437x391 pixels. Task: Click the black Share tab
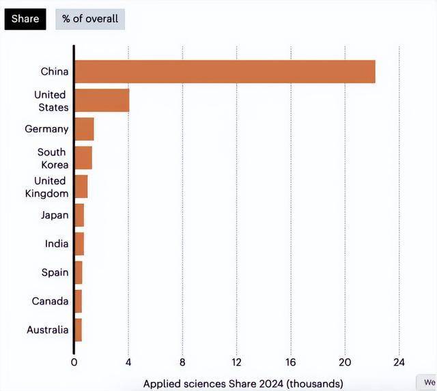pyautogui.click(x=25, y=19)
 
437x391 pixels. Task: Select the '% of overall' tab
pyautogui.click(x=90, y=19)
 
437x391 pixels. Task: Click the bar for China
pyautogui.click(x=225, y=72)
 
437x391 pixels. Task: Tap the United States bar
pyautogui.click(x=102, y=100)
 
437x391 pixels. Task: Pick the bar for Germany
pyautogui.click(x=84, y=129)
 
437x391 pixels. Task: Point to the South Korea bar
pyautogui.click(x=83, y=158)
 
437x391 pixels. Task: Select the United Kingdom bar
pyautogui.click(x=81, y=186)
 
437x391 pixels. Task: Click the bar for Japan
pyautogui.click(x=79, y=215)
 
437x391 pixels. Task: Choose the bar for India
pyautogui.click(x=79, y=244)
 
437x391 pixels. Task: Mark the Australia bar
pyautogui.click(x=79, y=330)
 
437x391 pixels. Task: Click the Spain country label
pyautogui.click(x=55, y=272)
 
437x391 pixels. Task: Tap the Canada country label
pyautogui.click(x=50, y=301)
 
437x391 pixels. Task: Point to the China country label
pyautogui.click(x=55, y=72)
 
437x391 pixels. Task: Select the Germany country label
pyautogui.click(x=46, y=129)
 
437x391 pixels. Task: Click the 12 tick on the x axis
pyautogui.click(x=236, y=362)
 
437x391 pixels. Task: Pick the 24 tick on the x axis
pyautogui.click(x=399, y=362)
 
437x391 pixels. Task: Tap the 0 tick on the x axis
pyautogui.click(x=74, y=362)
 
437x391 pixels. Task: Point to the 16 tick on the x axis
pyautogui.click(x=290, y=362)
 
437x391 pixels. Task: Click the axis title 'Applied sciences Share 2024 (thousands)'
pyautogui.click(x=243, y=383)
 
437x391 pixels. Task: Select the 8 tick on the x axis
pyautogui.click(x=182, y=362)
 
